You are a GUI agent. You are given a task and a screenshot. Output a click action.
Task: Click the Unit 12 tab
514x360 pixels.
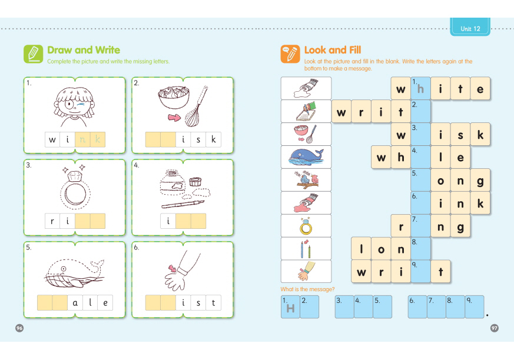(470, 27)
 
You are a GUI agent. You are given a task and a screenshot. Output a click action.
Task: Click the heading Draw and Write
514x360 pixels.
(84, 50)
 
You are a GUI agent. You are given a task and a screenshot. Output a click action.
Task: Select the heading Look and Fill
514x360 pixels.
(333, 50)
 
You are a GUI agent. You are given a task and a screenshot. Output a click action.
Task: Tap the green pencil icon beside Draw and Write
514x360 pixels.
(33, 54)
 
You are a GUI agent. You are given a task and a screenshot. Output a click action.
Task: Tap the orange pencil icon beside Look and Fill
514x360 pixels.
(290, 54)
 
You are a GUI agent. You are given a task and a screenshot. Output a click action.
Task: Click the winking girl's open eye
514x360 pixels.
(69, 105)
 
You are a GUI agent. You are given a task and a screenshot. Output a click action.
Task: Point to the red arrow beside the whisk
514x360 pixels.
(174, 117)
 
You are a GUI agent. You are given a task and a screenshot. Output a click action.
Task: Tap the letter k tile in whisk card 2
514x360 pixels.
(213, 139)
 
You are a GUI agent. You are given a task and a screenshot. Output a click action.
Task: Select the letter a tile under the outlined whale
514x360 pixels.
(75, 303)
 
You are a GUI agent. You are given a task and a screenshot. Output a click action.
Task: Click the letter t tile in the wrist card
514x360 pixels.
(213, 303)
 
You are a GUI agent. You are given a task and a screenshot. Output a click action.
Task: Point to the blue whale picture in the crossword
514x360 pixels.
(306, 157)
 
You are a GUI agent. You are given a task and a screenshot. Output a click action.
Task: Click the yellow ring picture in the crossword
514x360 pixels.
(306, 226)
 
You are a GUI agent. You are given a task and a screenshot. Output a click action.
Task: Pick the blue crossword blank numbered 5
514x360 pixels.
(420, 180)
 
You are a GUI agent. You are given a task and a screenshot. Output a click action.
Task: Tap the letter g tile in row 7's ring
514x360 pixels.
(460, 226)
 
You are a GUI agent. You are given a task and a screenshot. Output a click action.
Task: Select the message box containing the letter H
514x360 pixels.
(290, 307)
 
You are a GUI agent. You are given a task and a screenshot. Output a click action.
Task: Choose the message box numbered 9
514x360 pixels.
(475, 307)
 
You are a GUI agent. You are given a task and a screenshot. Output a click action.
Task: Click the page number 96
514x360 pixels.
(19, 328)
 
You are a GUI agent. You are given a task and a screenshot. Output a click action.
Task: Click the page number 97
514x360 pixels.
(495, 328)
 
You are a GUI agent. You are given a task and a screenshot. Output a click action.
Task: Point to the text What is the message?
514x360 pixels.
(307, 289)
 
